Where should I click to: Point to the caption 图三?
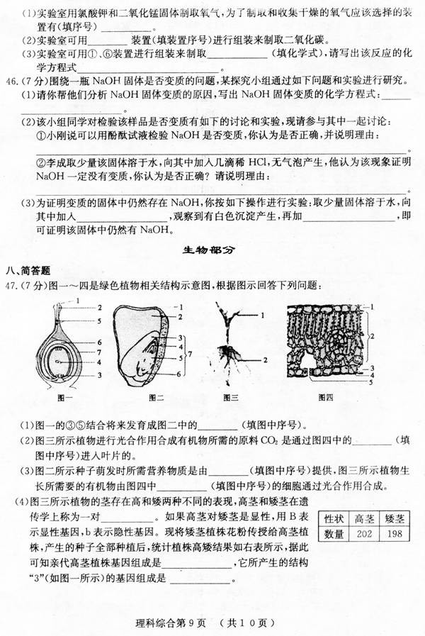(x=231, y=397)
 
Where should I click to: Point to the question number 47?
(x=12, y=286)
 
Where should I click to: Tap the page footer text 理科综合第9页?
(x=170, y=623)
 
